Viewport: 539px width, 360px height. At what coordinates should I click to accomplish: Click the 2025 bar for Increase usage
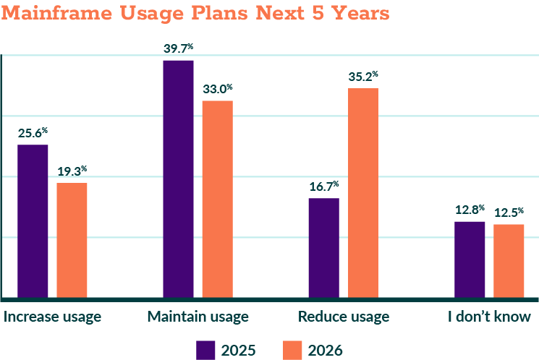tap(33, 220)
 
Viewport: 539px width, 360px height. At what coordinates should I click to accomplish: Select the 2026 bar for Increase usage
tap(72, 239)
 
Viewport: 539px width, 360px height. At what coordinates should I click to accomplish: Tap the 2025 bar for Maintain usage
tap(178, 179)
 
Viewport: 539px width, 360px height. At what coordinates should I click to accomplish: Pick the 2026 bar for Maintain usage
tap(218, 199)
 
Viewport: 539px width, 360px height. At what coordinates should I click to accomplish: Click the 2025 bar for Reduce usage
tap(323, 247)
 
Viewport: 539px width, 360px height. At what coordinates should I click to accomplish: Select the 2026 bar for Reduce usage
tap(363, 192)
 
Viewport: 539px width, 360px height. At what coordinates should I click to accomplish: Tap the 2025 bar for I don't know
tap(470, 259)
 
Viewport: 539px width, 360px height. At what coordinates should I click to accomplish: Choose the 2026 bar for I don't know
tap(509, 260)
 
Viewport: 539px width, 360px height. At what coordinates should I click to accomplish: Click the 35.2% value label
tap(363, 75)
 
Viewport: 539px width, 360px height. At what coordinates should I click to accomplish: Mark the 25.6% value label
tap(33, 132)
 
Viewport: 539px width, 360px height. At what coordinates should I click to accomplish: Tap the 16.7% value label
tap(323, 186)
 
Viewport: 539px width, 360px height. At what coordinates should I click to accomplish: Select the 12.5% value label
tap(509, 213)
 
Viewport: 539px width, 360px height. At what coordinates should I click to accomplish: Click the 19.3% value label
tap(72, 171)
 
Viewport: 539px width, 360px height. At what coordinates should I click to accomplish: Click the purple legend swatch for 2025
tap(206, 350)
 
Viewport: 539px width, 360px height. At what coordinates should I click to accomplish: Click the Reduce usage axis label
tap(344, 317)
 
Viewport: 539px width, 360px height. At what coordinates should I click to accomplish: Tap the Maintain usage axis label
tap(198, 317)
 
